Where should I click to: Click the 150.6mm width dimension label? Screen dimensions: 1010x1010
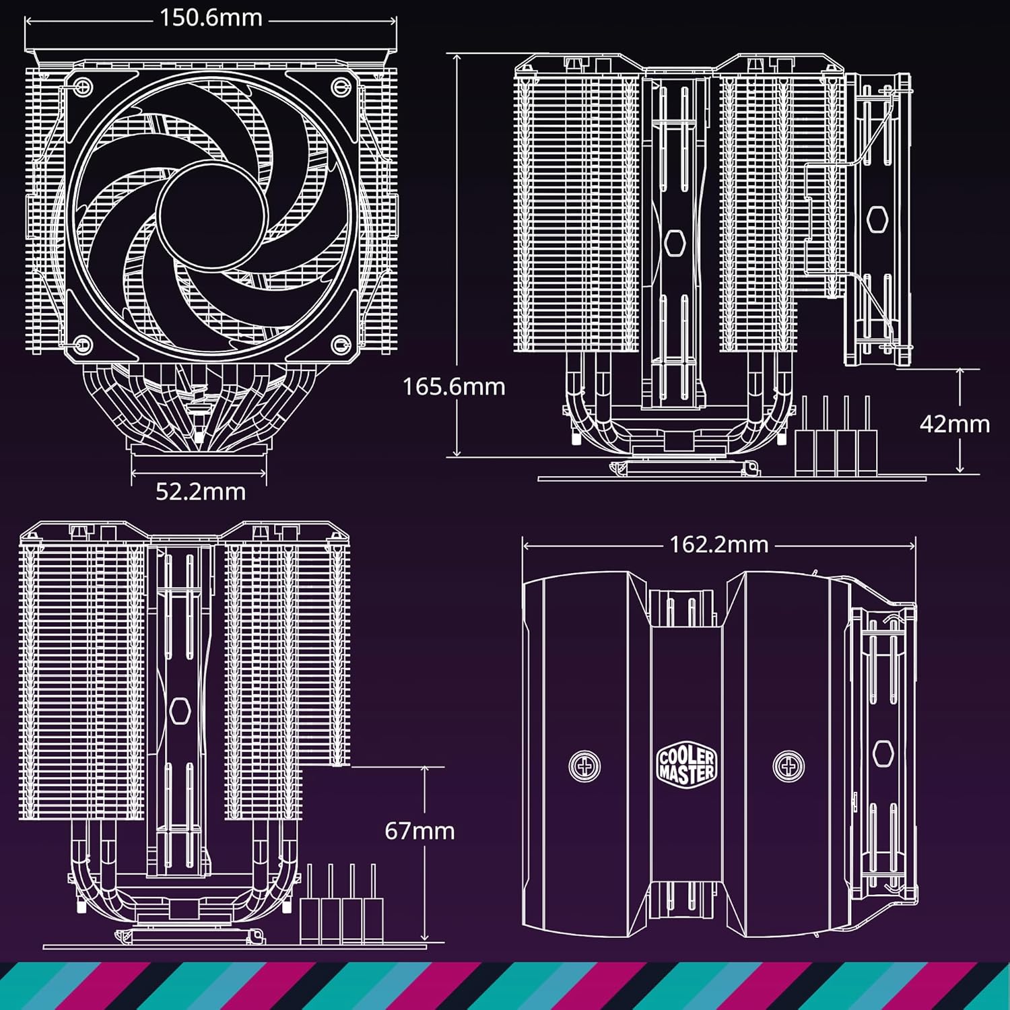[211, 18]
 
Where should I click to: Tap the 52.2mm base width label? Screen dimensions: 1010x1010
[200, 492]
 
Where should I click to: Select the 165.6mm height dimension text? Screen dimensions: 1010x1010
[453, 387]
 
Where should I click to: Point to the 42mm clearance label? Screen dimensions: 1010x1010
[954, 424]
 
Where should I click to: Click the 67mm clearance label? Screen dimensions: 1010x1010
[419, 831]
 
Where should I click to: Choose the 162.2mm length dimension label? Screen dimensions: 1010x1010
[718, 545]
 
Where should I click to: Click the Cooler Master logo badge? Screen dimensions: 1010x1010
[686, 766]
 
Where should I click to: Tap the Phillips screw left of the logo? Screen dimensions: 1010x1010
[584, 766]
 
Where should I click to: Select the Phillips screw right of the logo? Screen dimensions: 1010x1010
[788, 766]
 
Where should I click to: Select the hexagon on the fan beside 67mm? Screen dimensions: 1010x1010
[179, 710]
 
